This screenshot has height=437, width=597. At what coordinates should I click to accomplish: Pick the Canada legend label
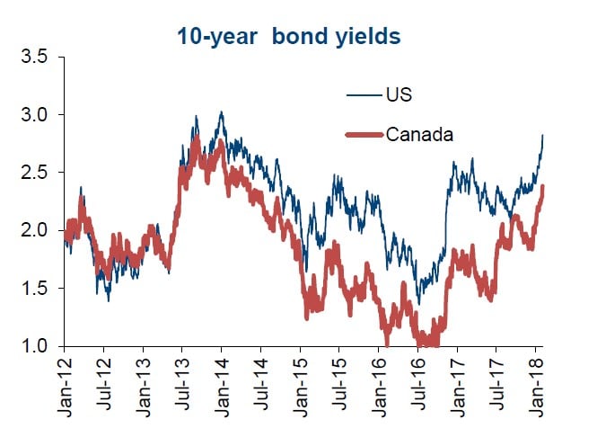(418, 135)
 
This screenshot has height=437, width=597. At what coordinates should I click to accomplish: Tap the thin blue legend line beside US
(364, 94)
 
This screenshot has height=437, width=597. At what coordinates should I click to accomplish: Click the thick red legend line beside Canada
(364, 135)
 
